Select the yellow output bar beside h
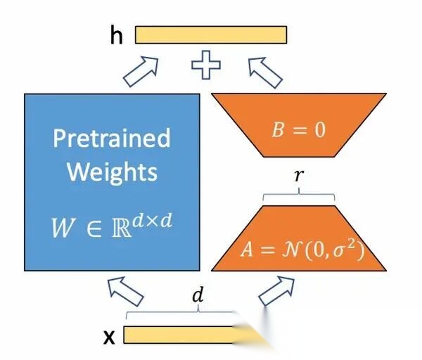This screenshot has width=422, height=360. point(210,34)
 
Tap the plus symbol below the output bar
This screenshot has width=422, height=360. point(206,67)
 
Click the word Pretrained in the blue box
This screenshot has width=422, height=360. point(112,138)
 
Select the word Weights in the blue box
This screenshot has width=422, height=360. point(112,172)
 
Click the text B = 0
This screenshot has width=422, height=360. point(298,131)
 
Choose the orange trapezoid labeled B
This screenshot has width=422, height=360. point(298,112)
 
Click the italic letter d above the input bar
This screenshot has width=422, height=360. point(198,297)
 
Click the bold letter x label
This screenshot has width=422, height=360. point(109,337)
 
